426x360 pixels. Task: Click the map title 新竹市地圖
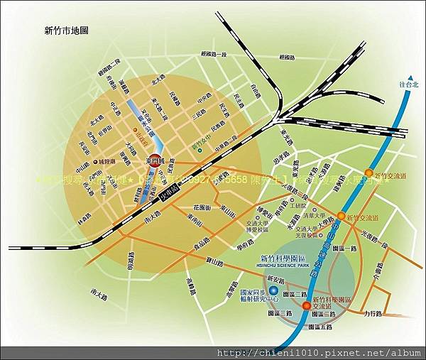(x=65, y=31)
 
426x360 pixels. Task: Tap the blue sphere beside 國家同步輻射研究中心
(x=273, y=290)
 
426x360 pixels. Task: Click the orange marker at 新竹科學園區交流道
(x=306, y=306)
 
